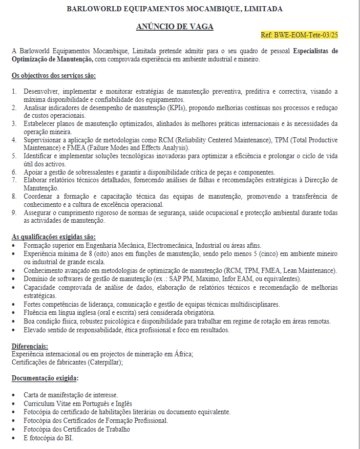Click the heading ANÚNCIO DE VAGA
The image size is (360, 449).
pos(175,27)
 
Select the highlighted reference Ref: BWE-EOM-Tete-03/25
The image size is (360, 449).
pos(299,35)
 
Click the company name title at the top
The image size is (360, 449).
pos(175,9)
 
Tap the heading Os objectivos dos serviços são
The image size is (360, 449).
pos(53,76)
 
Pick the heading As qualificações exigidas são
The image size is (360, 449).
pos(53,237)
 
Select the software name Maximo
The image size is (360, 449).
pos(207,279)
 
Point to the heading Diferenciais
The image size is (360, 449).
pos(30,346)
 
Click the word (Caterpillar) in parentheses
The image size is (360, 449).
pos(105,362)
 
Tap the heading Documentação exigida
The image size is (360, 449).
pos(45,378)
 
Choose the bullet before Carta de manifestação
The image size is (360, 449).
pos(14,395)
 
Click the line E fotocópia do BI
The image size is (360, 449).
pos(48,438)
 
